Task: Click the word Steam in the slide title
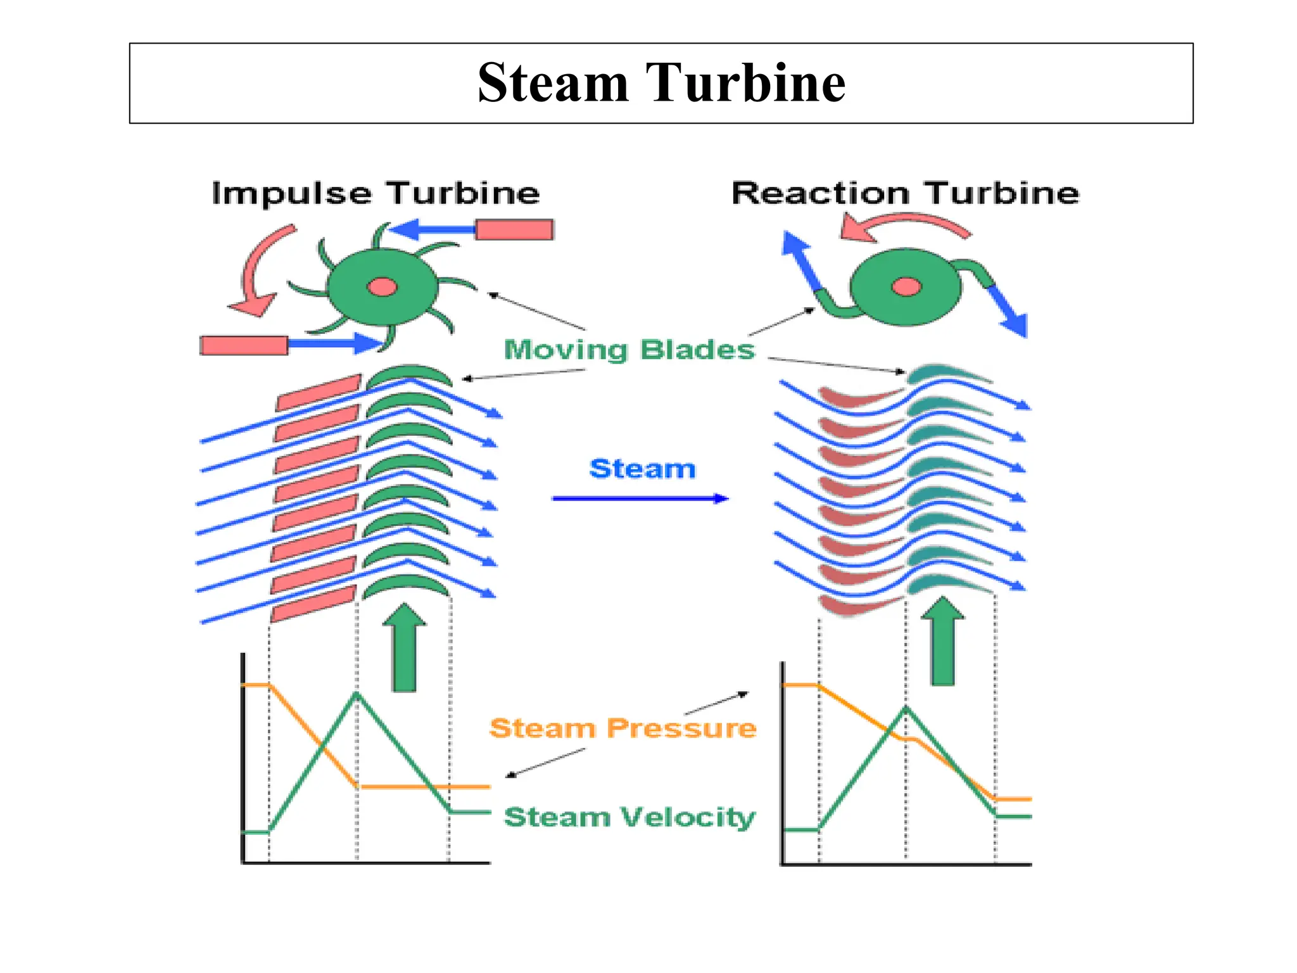point(552,83)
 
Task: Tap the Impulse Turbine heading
point(376,193)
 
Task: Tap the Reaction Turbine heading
point(905,193)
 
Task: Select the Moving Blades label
point(630,350)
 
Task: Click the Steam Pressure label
point(623,728)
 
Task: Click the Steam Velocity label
point(630,817)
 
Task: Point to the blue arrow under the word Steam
point(640,499)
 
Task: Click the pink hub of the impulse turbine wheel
point(383,288)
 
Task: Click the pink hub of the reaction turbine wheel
point(906,287)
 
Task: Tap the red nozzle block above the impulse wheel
point(514,229)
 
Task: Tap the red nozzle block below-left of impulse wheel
point(244,345)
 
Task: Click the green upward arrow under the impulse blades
point(405,649)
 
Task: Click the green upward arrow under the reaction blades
point(943,643)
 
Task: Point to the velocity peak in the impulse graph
point(357,694)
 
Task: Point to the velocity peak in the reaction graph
point(906,708)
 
